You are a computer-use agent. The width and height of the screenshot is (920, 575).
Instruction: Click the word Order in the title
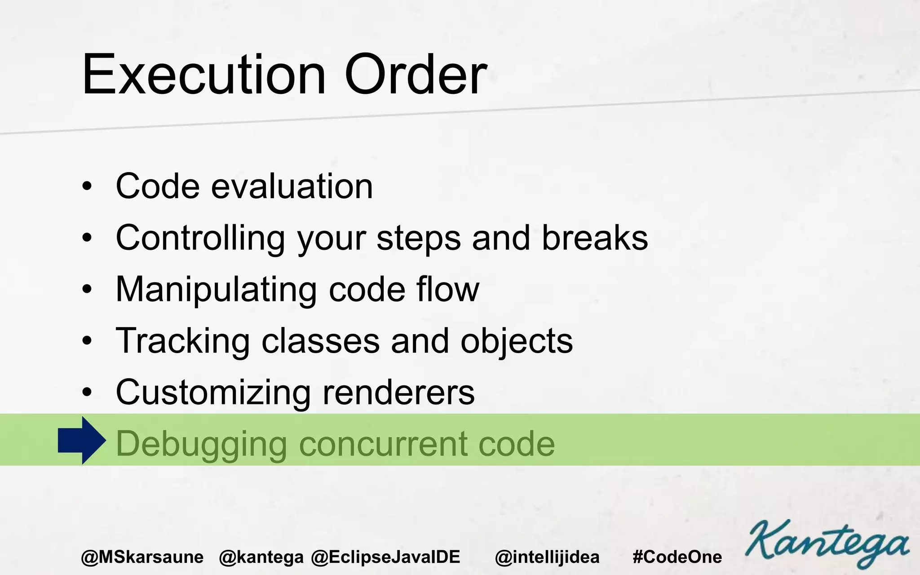[416, 75]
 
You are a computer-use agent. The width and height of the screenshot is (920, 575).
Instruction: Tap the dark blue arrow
[82, 441]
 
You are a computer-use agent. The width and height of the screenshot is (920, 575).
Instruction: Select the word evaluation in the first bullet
[292, 186]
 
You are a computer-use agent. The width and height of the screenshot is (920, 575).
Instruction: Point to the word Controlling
[200, 238]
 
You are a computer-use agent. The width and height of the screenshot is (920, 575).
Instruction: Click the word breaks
[595, 238]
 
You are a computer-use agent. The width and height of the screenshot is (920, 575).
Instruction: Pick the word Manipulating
[216, 290]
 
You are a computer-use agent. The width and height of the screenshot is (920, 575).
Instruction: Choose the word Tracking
[182, 341]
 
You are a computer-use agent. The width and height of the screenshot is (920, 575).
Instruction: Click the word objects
[517, 341]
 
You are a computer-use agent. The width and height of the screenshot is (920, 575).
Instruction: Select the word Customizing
[213, 393]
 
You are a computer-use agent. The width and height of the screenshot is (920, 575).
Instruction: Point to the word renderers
[398, 393]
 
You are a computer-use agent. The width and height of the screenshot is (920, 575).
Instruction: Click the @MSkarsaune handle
[142, 557]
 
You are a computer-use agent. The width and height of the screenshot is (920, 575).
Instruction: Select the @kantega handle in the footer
[261, 557]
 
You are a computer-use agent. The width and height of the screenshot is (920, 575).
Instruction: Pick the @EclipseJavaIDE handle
[385, 557]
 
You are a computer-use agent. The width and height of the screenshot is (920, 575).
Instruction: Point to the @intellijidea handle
[547, 557]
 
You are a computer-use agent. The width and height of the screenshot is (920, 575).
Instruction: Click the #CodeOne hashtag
[677, 557]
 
